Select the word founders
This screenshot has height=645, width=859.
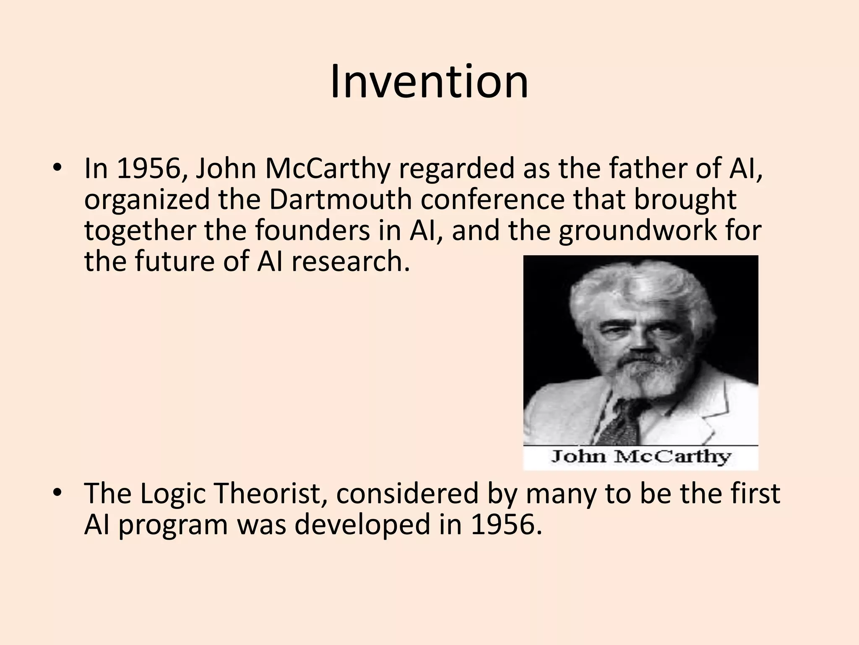pyautogui.click(x=312, y=230)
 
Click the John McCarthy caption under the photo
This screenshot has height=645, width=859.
pyautogui.click(x=640, y=456)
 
